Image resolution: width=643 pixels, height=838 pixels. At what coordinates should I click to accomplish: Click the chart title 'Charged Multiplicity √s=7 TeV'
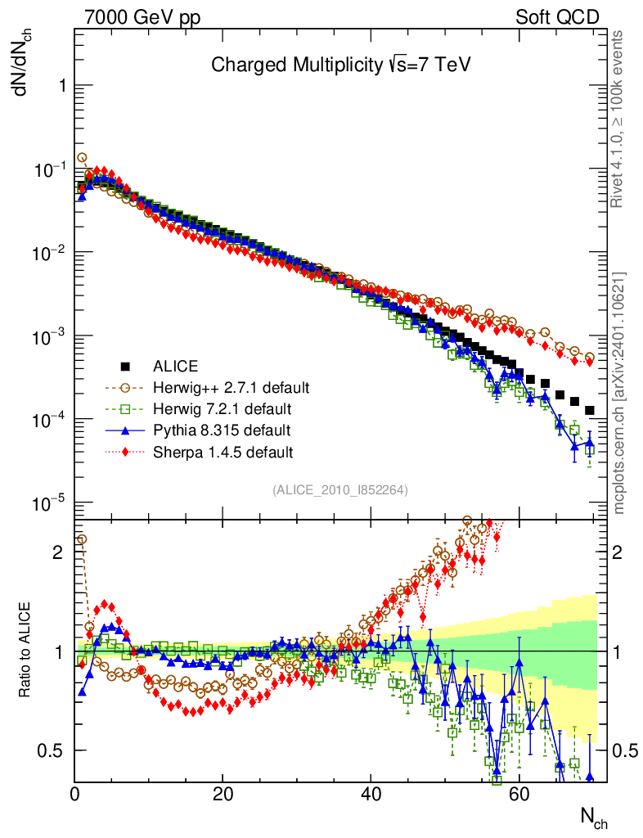click(x=340, y=65)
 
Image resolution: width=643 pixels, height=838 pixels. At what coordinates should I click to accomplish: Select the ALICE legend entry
click(x=176, y=366)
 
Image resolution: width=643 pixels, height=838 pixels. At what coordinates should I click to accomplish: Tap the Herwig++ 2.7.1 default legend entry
click(x=232, y=387)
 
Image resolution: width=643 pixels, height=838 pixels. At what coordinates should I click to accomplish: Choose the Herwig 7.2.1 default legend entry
click(x=222, y=408)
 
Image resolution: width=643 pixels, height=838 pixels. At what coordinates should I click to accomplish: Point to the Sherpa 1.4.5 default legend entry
click(x=223, y=451)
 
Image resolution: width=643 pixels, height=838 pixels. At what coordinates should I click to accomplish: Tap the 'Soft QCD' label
click(x=557, y=17)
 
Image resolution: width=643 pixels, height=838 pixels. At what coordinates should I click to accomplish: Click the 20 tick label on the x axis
click(x=222, y=793)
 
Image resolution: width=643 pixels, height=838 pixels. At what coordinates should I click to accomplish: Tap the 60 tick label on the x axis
click(x=519, y=793)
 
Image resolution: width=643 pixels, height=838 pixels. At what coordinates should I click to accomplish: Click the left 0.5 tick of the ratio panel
click(x=52, y=750)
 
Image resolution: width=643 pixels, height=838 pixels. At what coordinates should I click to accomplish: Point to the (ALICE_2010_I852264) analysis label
click(x=340, y=489)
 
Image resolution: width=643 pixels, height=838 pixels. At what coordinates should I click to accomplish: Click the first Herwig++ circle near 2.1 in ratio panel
click(x=81, y=539)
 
